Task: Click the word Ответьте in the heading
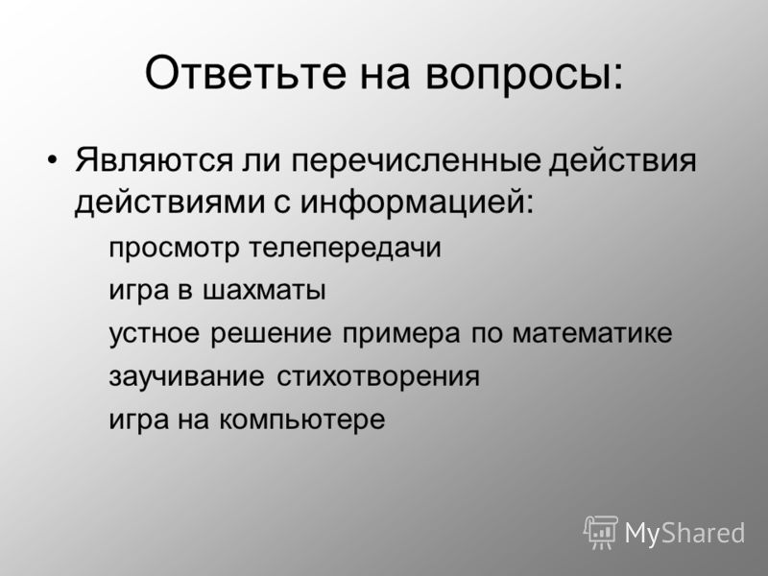[246, 73]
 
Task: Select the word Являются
[154, 159]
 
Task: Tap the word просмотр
[174, 249]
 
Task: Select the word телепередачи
[345, 248]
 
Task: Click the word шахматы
[264, 291]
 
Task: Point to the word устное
[155, 333]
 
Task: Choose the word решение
[271, 334]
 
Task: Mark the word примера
[401, 334]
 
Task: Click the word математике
[592, 333]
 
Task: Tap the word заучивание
[186, 376]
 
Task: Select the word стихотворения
[378, 376]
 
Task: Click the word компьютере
[301, 420]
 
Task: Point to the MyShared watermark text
[684, 533]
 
